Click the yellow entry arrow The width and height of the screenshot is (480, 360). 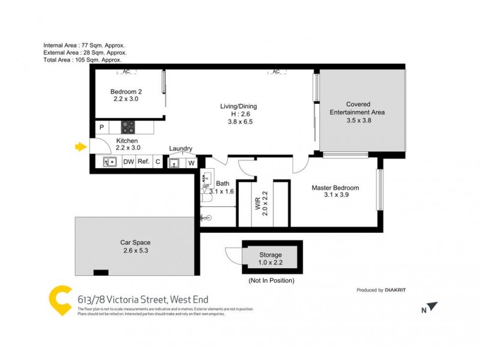[79, 146]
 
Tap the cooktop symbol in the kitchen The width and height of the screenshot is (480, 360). [128, 127]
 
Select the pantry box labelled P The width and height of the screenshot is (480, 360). [101, 127]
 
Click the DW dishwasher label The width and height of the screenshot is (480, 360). [128, 161]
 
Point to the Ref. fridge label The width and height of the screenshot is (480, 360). [143, 161]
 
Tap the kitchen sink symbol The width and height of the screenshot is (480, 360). [110, 161]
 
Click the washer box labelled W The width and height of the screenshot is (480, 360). [191, 162]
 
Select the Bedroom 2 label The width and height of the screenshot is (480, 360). [125, 92]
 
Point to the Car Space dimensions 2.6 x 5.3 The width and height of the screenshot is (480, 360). [135, 251]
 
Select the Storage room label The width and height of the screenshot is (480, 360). [271, 255]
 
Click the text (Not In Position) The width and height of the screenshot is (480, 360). [271, 280]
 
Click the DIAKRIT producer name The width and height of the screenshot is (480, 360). [395, 290]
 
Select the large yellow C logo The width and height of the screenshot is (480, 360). [60, 301]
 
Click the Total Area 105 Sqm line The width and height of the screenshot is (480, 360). [83, 60]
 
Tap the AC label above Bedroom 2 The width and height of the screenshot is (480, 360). [126, 72]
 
